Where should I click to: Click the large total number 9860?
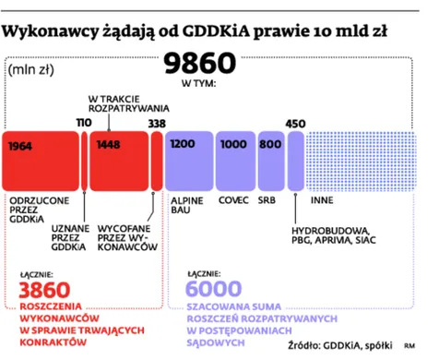click(x=200, y=64)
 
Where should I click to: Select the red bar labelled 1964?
click(x=41, y=159)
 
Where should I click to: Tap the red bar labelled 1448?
click(x=119, y=159)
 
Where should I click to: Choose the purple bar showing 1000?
click(x=234, y=159)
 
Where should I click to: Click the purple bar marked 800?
click(x=270, y=159)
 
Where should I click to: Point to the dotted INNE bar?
click(x=361, y=159)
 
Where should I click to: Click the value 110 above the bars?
click(x=84, y=123)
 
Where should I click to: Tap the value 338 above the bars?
click(x=157, y=123)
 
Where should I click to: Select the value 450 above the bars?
click(x=296, y=123)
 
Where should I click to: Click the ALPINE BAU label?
click(x=187, y=205)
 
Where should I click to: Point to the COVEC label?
click(x=232, y=199)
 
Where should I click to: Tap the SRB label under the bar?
click(x=267, y=199)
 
